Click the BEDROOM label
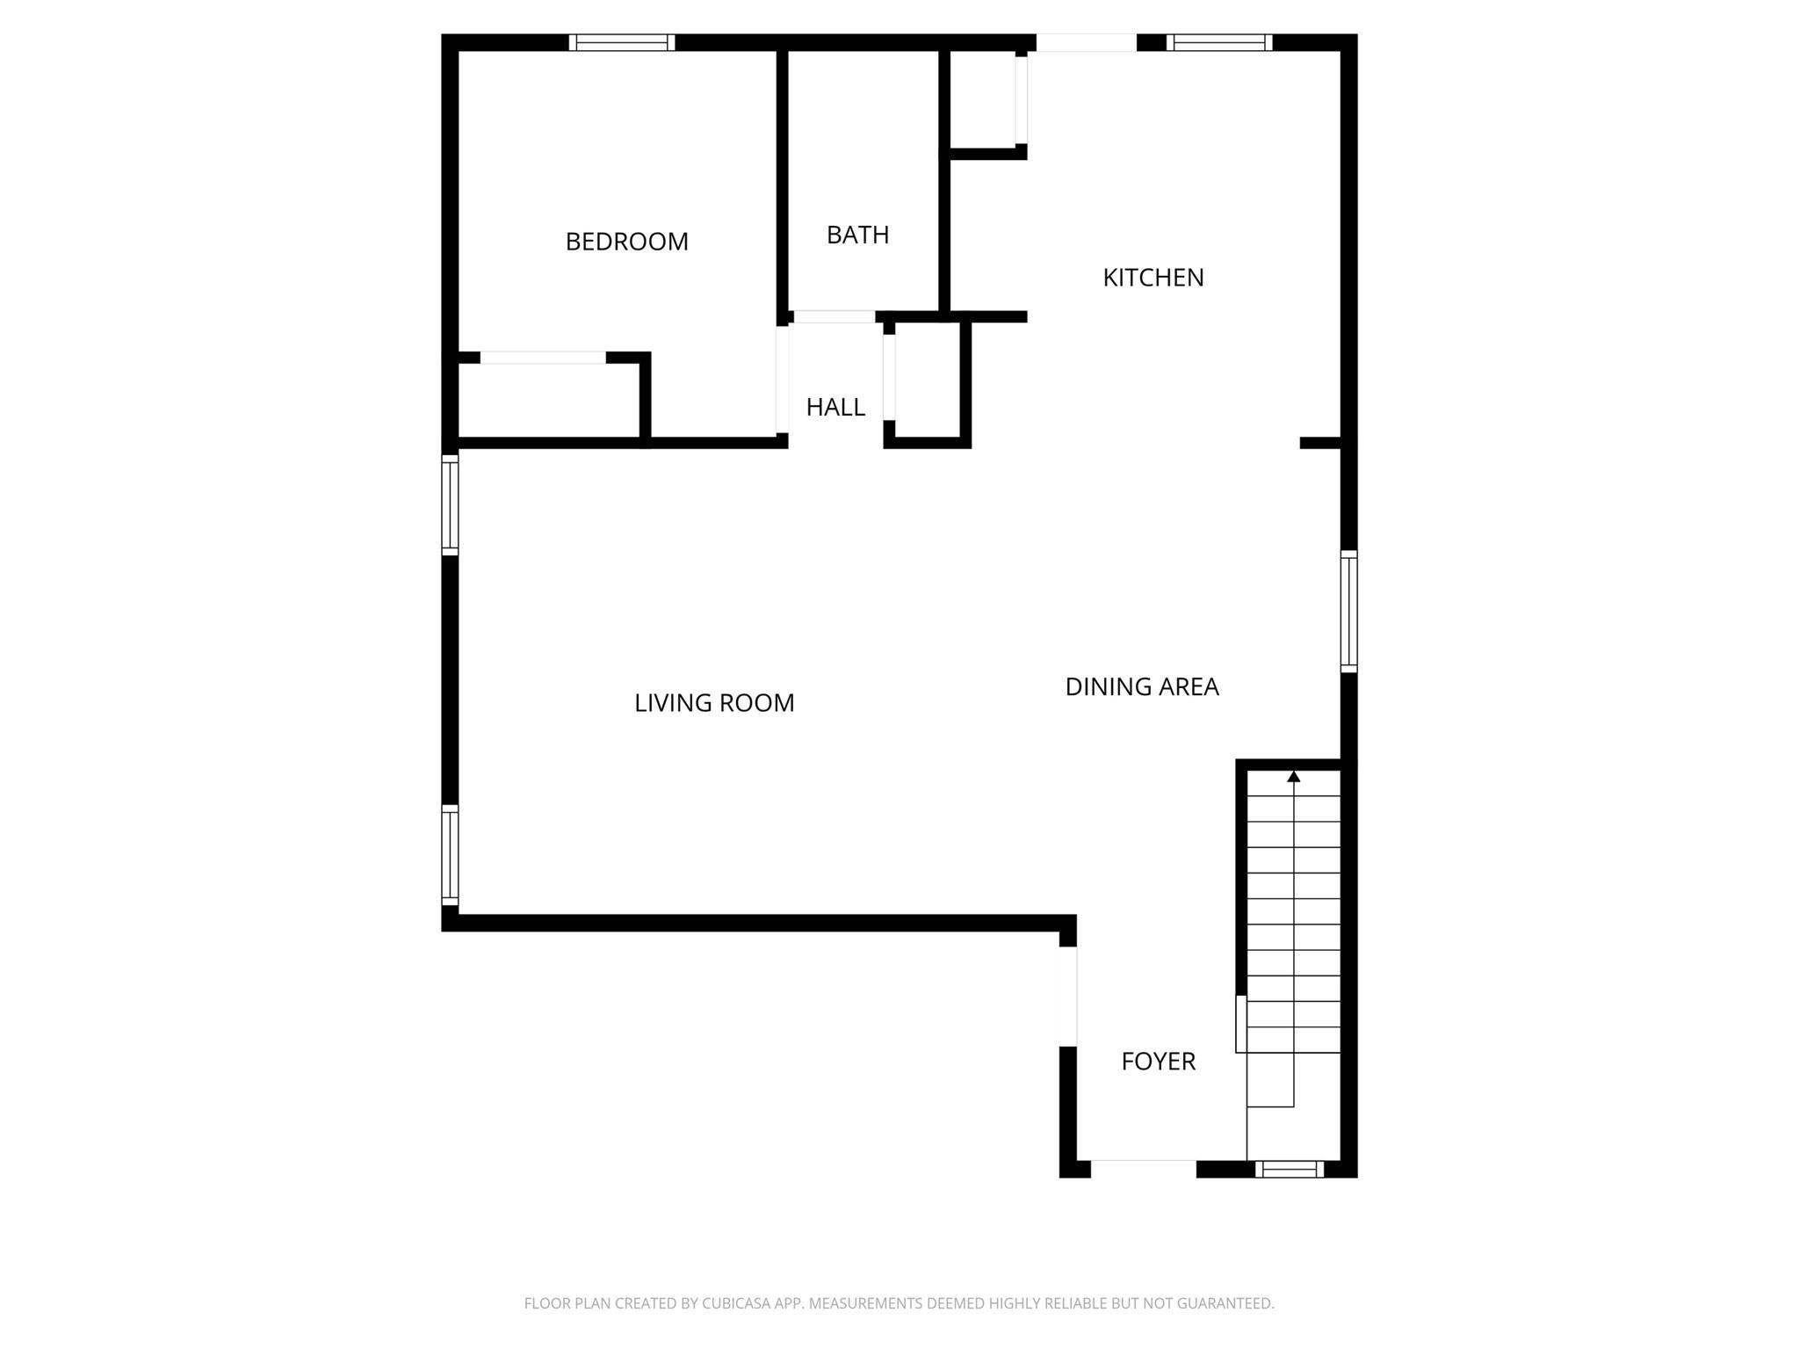coord(626,242)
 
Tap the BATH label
coord(857,236)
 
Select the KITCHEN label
coord(1152,278)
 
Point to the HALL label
coord(835,407)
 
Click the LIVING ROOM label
coord(714,703)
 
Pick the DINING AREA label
coord(1141,687)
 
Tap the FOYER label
coord(1158,1062)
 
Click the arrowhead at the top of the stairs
coord(1293,777)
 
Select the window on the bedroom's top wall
coord(622,42)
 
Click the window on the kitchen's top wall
coord(1219,42)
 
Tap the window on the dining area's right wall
coord(1348,611)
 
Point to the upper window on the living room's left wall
coord(450,504)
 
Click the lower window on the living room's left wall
coord(450,854)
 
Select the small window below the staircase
coord(1289,1169)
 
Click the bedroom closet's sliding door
coord(543,358)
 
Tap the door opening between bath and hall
coord(834,317)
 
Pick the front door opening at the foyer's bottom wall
coord(1143,1168)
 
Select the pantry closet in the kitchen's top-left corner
coord(983,98)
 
